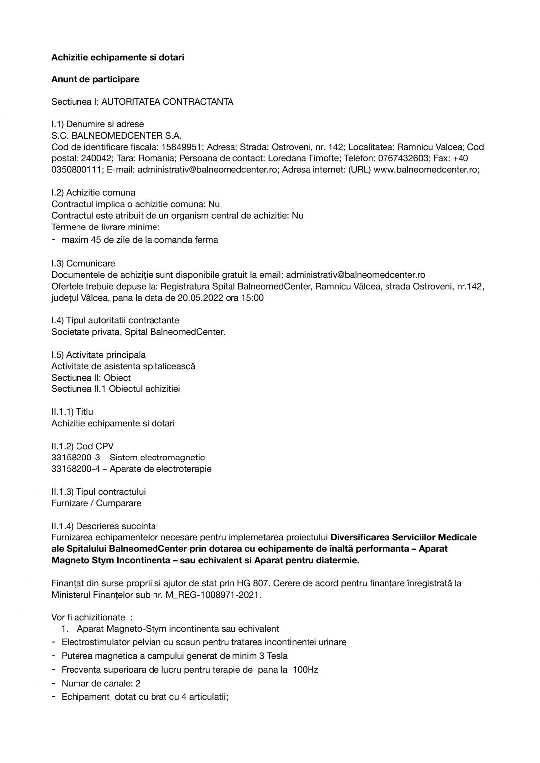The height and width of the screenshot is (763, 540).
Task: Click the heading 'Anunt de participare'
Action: pyautogui.click(x=95, y=79)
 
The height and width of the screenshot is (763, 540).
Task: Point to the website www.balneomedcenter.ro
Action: pyautogui.click(x=426, y=170)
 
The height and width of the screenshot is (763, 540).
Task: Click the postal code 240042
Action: pyautogui.click(x=94, y=158)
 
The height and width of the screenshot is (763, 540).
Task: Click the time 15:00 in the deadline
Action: pyautogui.click(x=253, y=298)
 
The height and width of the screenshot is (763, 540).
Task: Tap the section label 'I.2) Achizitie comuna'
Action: pyautogui.click(x=93, y=193)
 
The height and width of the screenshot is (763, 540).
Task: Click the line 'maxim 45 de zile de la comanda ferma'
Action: pyautogui.click(x=140, y=240)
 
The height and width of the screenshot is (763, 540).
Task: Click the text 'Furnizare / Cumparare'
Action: pyautogui.click(x=96, y=503)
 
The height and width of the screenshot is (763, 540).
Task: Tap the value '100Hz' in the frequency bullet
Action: pyautogui.click(x=306, y=670)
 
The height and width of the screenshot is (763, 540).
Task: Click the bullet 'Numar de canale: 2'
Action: pyautogui.click(x=101, y=683)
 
